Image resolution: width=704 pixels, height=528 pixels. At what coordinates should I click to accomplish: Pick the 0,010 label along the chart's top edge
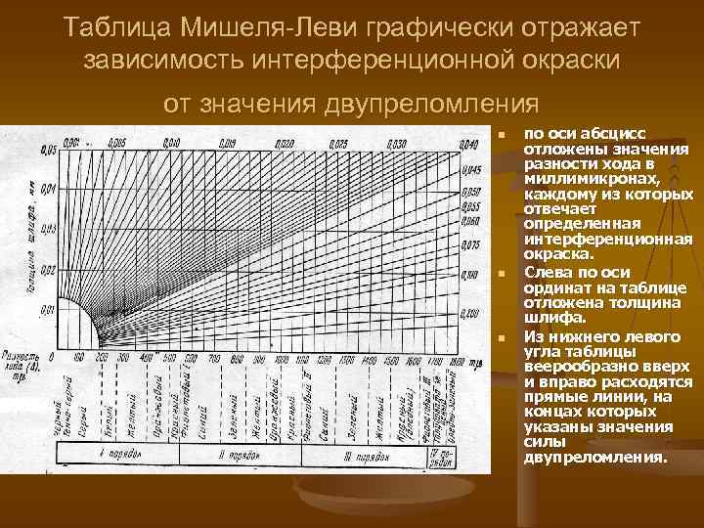tap(172, 144)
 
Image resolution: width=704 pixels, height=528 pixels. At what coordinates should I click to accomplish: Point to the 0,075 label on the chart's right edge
tap(471, 243)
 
